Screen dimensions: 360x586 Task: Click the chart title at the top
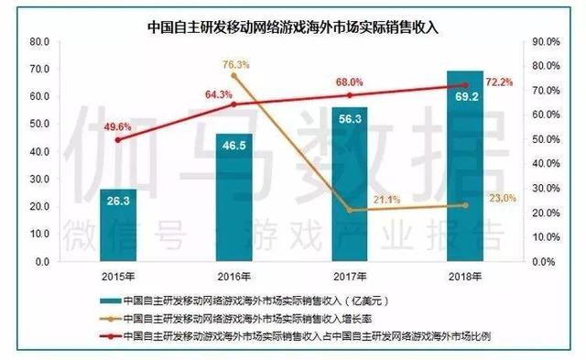(293, 27)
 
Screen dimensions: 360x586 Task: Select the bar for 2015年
(121, 225)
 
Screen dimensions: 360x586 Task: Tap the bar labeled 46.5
(235, 197)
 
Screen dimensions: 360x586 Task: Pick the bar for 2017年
(351, 183)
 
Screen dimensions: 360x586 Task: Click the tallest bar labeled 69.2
(465, 165)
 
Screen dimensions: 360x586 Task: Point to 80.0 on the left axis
(38, 42)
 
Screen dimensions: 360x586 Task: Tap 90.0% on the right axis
(546, 42)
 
